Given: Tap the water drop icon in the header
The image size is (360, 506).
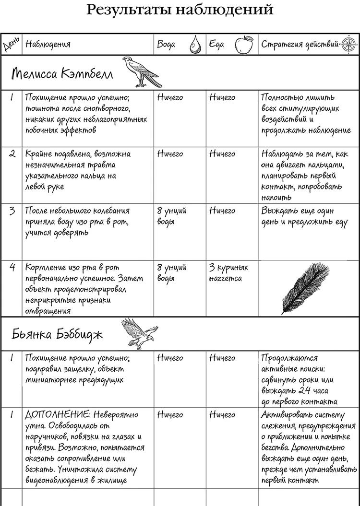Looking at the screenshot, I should click(194, 45).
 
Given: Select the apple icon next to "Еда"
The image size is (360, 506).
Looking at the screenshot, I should click(244, 45).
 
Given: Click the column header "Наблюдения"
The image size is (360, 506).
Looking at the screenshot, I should click(48, 45).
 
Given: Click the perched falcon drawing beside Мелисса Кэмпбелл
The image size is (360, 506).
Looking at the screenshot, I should click(139, 72).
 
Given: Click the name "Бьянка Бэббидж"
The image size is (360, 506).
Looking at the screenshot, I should click(57, 334).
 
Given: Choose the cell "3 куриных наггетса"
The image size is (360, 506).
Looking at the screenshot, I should click(229, 272).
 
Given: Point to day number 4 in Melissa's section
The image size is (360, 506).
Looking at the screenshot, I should click(12, 268).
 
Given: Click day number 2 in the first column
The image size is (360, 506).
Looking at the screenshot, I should click(12, 154).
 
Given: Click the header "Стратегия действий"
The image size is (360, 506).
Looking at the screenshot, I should click(300, 45).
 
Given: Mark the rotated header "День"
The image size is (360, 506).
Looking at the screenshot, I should click(11, 45).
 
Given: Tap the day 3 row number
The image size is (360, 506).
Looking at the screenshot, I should click(12, 211).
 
